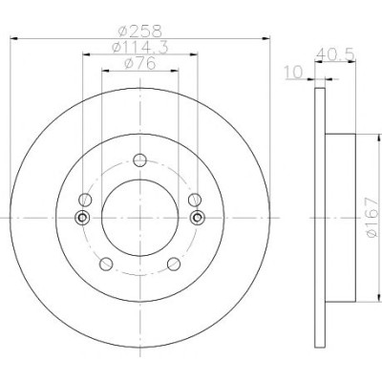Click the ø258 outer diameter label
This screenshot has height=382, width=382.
(x=140, y=32)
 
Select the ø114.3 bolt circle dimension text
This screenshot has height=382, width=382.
(x=140, y=48)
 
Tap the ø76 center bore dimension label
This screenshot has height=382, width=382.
(x=140, y=64)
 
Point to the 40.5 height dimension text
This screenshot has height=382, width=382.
(x=335, y=54)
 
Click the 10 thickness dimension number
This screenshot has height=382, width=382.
(x=294, y=73)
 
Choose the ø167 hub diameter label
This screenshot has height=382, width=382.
(x=371, y=218)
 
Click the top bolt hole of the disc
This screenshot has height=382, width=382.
(x=139, y=160)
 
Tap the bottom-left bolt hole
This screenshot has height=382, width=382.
(x=106, y=264)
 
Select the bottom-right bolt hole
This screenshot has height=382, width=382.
(x=174, y=264)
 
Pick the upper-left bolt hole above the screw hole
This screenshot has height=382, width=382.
(x=85, y=200)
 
